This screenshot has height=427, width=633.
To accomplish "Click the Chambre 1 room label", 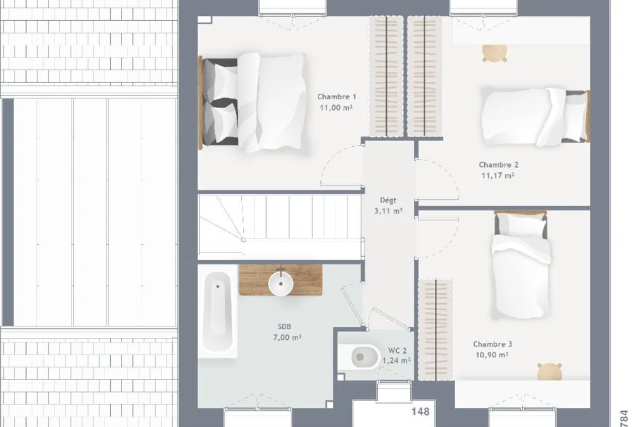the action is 337,97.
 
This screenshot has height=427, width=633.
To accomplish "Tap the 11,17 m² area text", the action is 498,176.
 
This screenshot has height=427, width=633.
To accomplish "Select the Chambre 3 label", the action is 492,344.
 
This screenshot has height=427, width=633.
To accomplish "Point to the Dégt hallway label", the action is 389,200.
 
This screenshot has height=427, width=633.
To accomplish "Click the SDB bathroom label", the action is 284,326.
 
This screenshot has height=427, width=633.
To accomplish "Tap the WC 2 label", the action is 398,350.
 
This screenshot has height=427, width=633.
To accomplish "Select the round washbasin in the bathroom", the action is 280,284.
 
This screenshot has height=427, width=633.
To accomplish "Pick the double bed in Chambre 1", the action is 252,102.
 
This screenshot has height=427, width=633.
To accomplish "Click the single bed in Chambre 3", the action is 521,264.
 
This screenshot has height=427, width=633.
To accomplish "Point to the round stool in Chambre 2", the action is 494,53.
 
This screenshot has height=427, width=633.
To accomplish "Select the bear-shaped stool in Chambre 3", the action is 549,371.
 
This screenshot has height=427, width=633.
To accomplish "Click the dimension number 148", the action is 420,412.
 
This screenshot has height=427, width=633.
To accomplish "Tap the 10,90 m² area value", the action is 492,355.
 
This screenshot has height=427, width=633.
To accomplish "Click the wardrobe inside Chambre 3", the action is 436,330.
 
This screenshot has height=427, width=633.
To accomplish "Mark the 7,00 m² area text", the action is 287,337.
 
